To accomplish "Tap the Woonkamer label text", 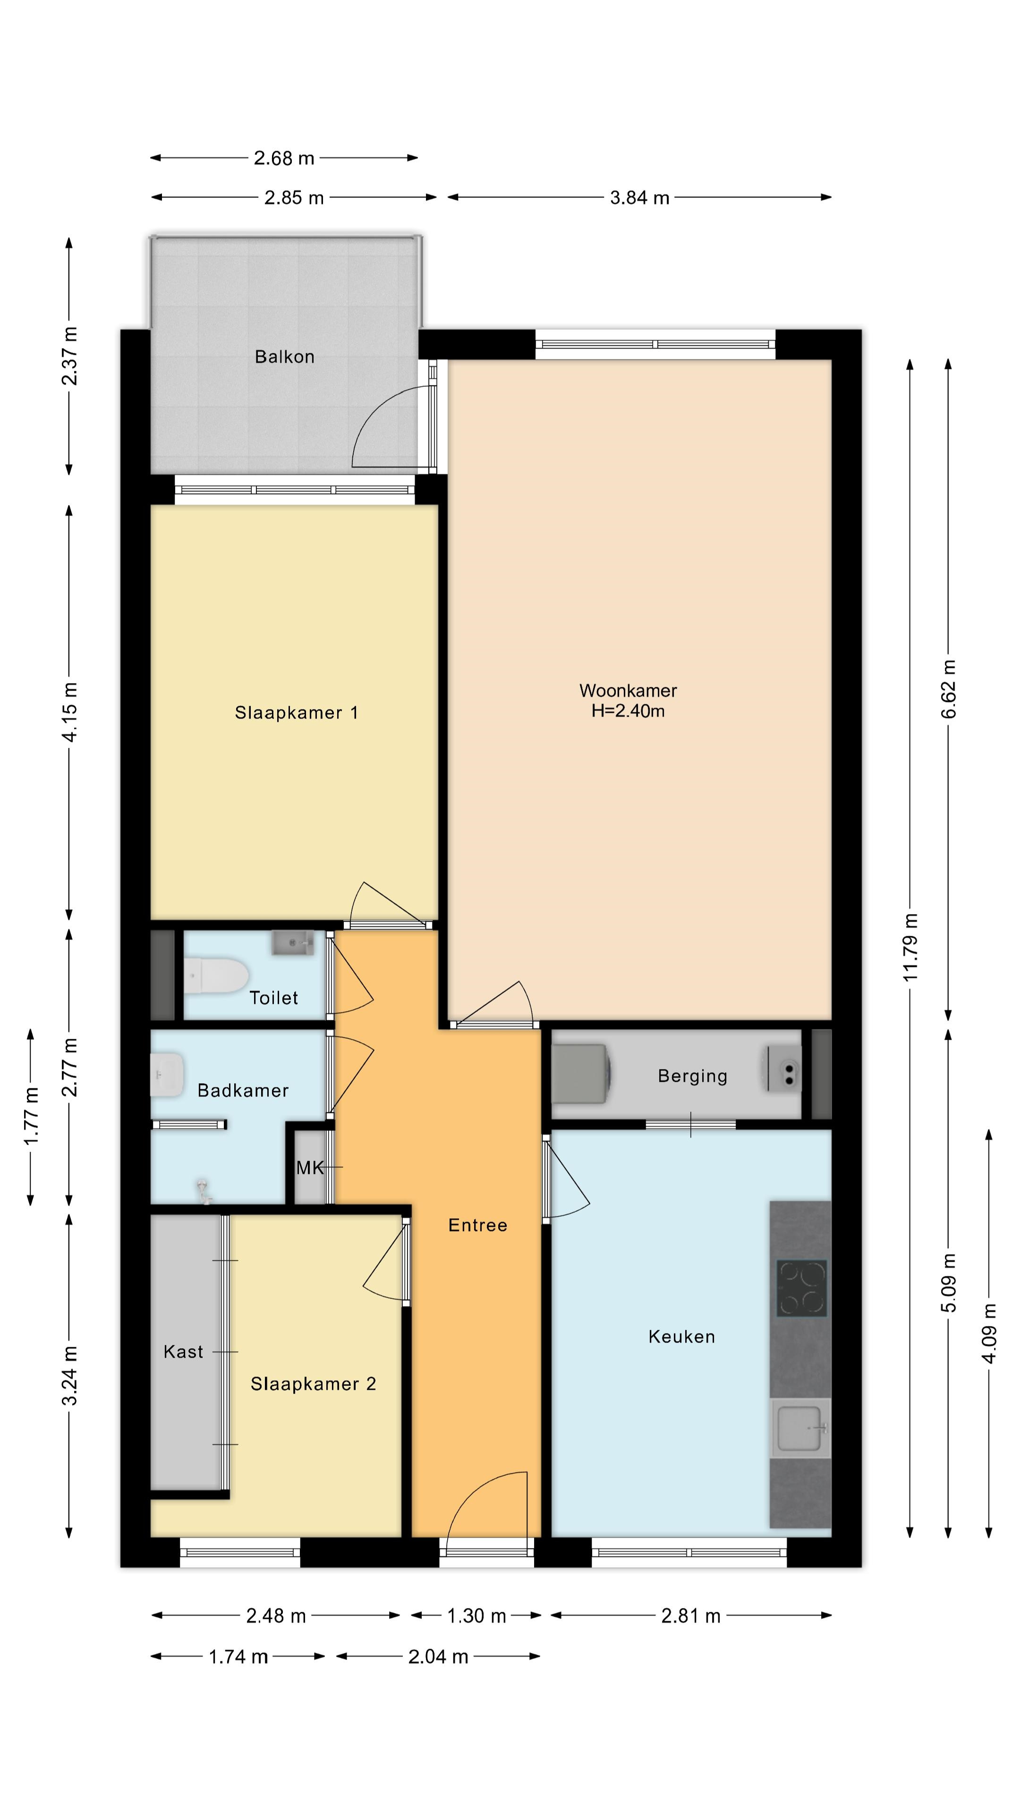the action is tap(628, 690).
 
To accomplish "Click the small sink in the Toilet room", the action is tap(293, 942).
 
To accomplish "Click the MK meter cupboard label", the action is tap(310, 1168).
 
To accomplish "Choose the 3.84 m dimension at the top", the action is tap(639, 198).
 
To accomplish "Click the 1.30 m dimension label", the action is tap(476, 1616).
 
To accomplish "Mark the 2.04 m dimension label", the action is tap(438, 1656).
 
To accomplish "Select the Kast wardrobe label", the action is tap(183, 1352).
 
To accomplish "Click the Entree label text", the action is tap(478, 1225).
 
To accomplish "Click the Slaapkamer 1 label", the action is tap(297, 713).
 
